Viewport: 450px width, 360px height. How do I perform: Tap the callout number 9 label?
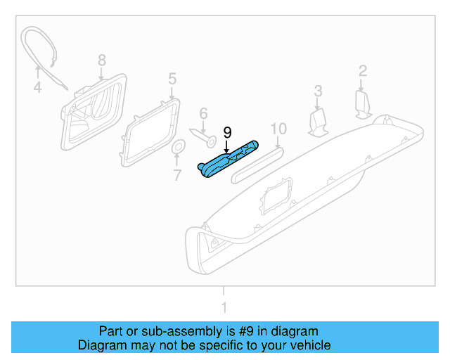[x=227, y=132]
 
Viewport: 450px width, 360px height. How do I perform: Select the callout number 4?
[x=37, y=88]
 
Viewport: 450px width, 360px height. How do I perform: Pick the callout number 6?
[x=203, y=113]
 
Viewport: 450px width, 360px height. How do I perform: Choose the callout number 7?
[x=177, y=174]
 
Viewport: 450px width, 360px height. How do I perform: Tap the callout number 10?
[x=279, y=128]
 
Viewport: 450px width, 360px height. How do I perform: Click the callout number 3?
[x=318, y=91]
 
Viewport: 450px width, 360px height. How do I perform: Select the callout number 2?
[x=363, y=70]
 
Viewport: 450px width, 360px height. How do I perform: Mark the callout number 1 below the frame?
[x=224, y=307]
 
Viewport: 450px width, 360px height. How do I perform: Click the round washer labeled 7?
[x=178, y=147]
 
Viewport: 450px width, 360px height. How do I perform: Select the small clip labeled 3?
[x=319, y=122]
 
